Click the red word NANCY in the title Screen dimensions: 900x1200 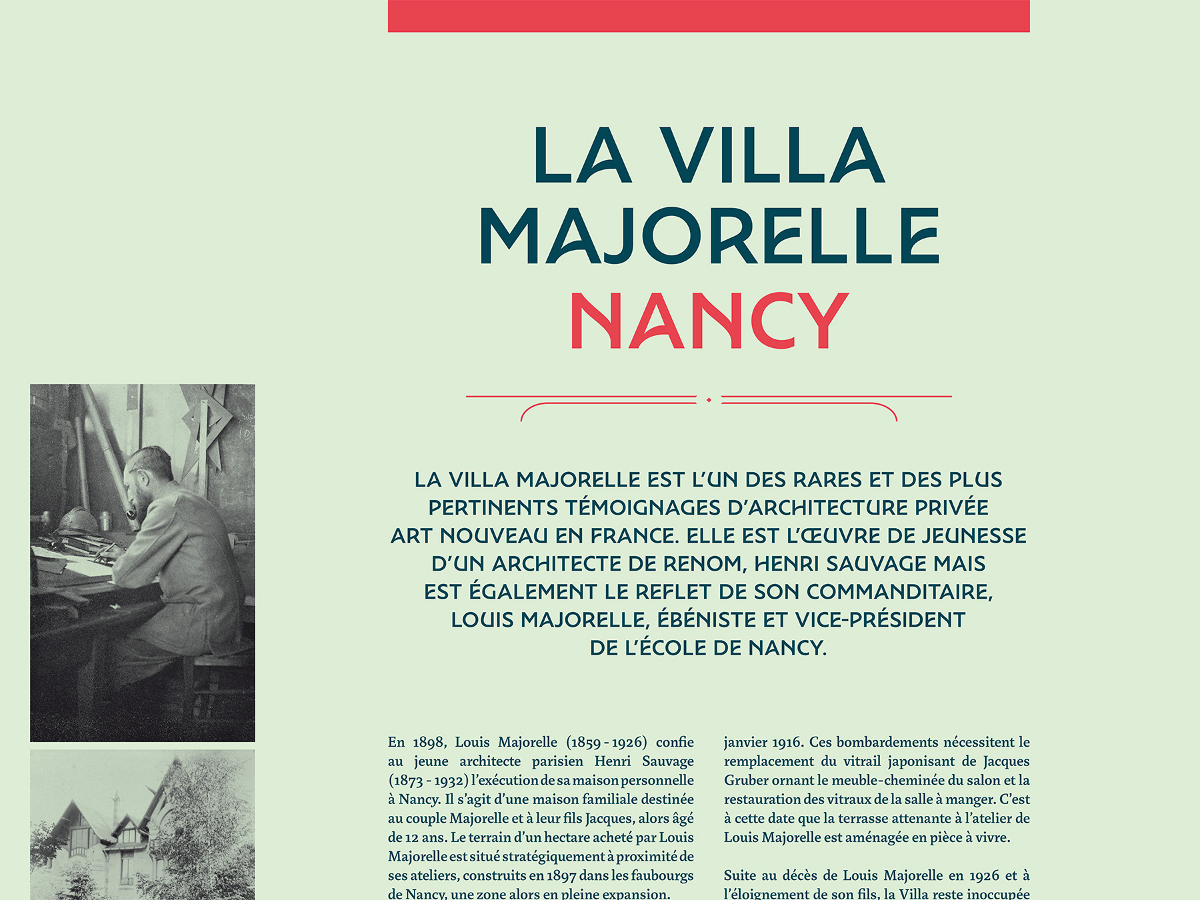[x=709, y=321]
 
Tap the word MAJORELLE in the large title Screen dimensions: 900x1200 [x=709, y=236]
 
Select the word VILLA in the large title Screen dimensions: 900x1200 [x=773, y=155]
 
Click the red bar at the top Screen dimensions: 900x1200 [x=709, y=16]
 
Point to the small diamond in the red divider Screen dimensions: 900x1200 [x=709, y=400]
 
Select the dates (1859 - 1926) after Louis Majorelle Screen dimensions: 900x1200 [x=606, y=743]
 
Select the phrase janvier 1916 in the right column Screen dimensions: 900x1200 [x=763, y=743]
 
